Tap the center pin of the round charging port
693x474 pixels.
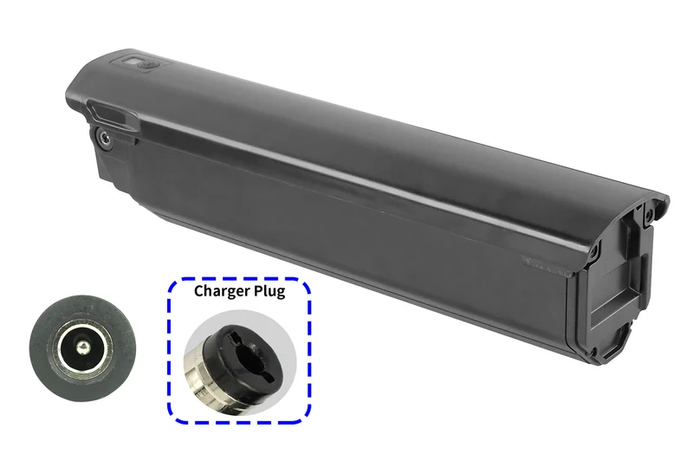(x=82, y=348)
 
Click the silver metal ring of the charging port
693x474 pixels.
(x=82, y=348)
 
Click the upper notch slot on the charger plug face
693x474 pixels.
(x=237, y=336)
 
